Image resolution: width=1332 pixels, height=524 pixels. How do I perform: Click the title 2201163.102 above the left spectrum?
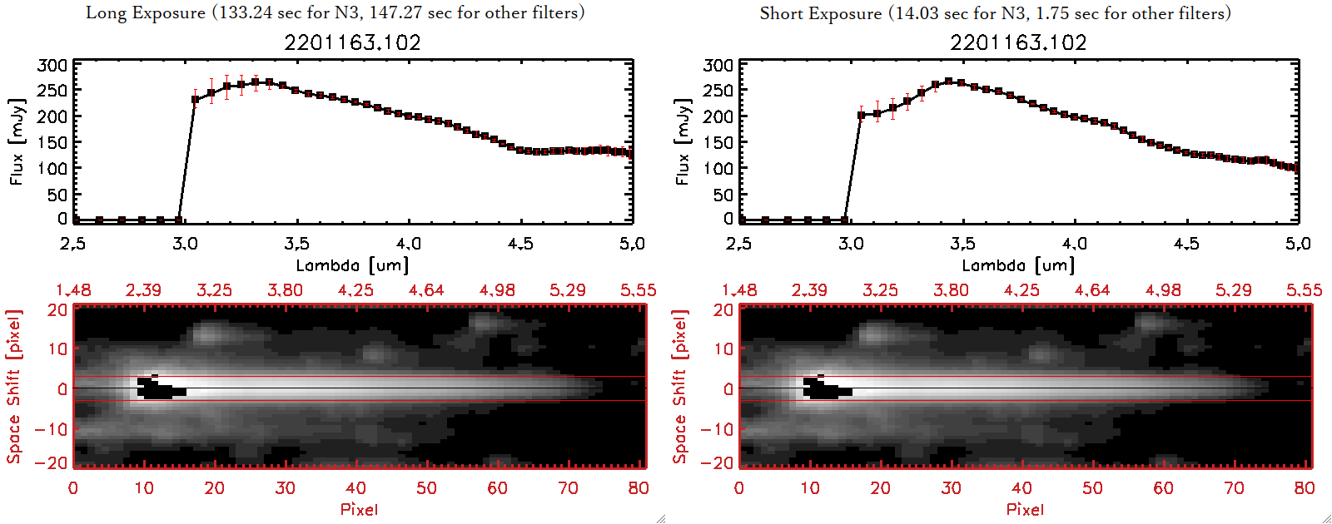352,42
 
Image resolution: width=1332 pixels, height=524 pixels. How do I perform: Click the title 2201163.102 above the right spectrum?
1018,42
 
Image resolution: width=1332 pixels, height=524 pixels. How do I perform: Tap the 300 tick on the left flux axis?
52,65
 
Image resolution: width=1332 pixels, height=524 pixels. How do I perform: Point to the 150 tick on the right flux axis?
718,142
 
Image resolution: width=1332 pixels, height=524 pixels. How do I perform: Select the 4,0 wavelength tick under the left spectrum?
408,244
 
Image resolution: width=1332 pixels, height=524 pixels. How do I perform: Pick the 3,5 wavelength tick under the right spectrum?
962,244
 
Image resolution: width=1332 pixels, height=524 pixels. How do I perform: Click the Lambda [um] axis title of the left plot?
352,265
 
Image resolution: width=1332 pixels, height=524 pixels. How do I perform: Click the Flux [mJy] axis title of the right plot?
683,141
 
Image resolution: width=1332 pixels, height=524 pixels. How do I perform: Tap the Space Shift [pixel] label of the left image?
14,387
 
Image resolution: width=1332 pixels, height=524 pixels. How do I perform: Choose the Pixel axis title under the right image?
1025,509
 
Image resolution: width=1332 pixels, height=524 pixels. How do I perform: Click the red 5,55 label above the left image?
638,290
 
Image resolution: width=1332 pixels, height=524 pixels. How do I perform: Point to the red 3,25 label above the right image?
880,290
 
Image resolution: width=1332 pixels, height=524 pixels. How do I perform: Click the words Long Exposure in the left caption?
146,12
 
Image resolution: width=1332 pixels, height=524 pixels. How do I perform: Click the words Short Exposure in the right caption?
820,13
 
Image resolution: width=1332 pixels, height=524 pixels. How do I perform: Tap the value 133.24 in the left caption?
248,12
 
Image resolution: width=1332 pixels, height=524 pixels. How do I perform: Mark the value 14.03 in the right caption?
918,13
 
